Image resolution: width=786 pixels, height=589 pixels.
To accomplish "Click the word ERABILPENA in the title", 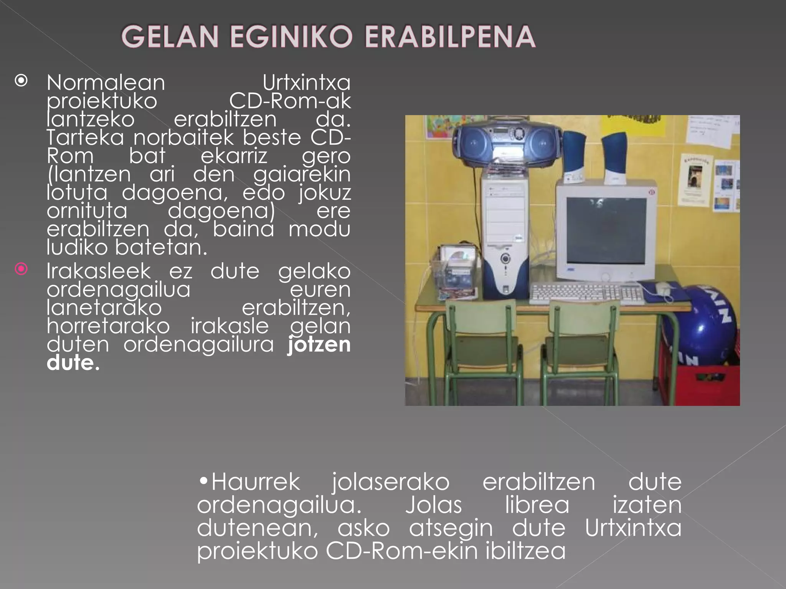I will [x=449, y=37].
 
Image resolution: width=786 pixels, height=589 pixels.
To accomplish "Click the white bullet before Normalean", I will [x=21, y=81].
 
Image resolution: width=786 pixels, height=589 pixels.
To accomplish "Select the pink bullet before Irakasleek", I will [x=21, y=269].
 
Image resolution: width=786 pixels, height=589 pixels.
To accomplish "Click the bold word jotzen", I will [x=319, y=344].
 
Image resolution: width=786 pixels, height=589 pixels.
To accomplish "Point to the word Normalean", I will [x=106, y=82].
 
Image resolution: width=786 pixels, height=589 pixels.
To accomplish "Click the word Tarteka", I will [x=85, y=137].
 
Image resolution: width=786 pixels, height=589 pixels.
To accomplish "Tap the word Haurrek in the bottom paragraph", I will [x=255, y=482].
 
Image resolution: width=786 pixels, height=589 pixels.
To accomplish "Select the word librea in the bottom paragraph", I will [x=537, y=505].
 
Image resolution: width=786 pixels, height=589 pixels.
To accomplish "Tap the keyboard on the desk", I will [x=586, y=293].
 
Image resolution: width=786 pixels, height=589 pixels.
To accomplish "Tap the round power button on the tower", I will [x=505, y=259].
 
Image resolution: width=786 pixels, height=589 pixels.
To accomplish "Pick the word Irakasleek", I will [x=99, y=271].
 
